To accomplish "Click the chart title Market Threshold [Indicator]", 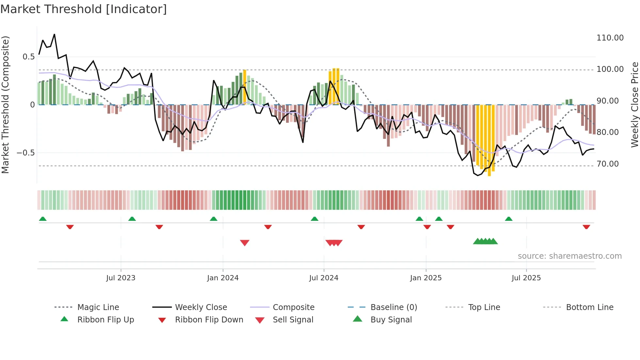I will tap(84, 9).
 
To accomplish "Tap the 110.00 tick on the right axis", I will tap(610, 38).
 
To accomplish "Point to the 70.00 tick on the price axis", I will tap(607, 164).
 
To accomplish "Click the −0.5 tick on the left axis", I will tap(25, 153).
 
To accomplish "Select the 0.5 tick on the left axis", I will tap(28, 57).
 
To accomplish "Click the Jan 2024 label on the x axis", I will tap(223, 278).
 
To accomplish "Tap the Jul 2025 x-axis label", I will tap(526, 278).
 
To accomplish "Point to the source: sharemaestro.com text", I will tap(569, 256).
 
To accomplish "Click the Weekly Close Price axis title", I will tap(634, 105).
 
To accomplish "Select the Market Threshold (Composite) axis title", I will tap(5, 105).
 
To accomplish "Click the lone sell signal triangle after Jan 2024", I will tap(245, 243).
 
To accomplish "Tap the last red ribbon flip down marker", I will tap(586, 227).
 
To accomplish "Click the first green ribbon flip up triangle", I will tap(43, 219).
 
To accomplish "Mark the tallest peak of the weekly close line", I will tap(54, 34).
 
